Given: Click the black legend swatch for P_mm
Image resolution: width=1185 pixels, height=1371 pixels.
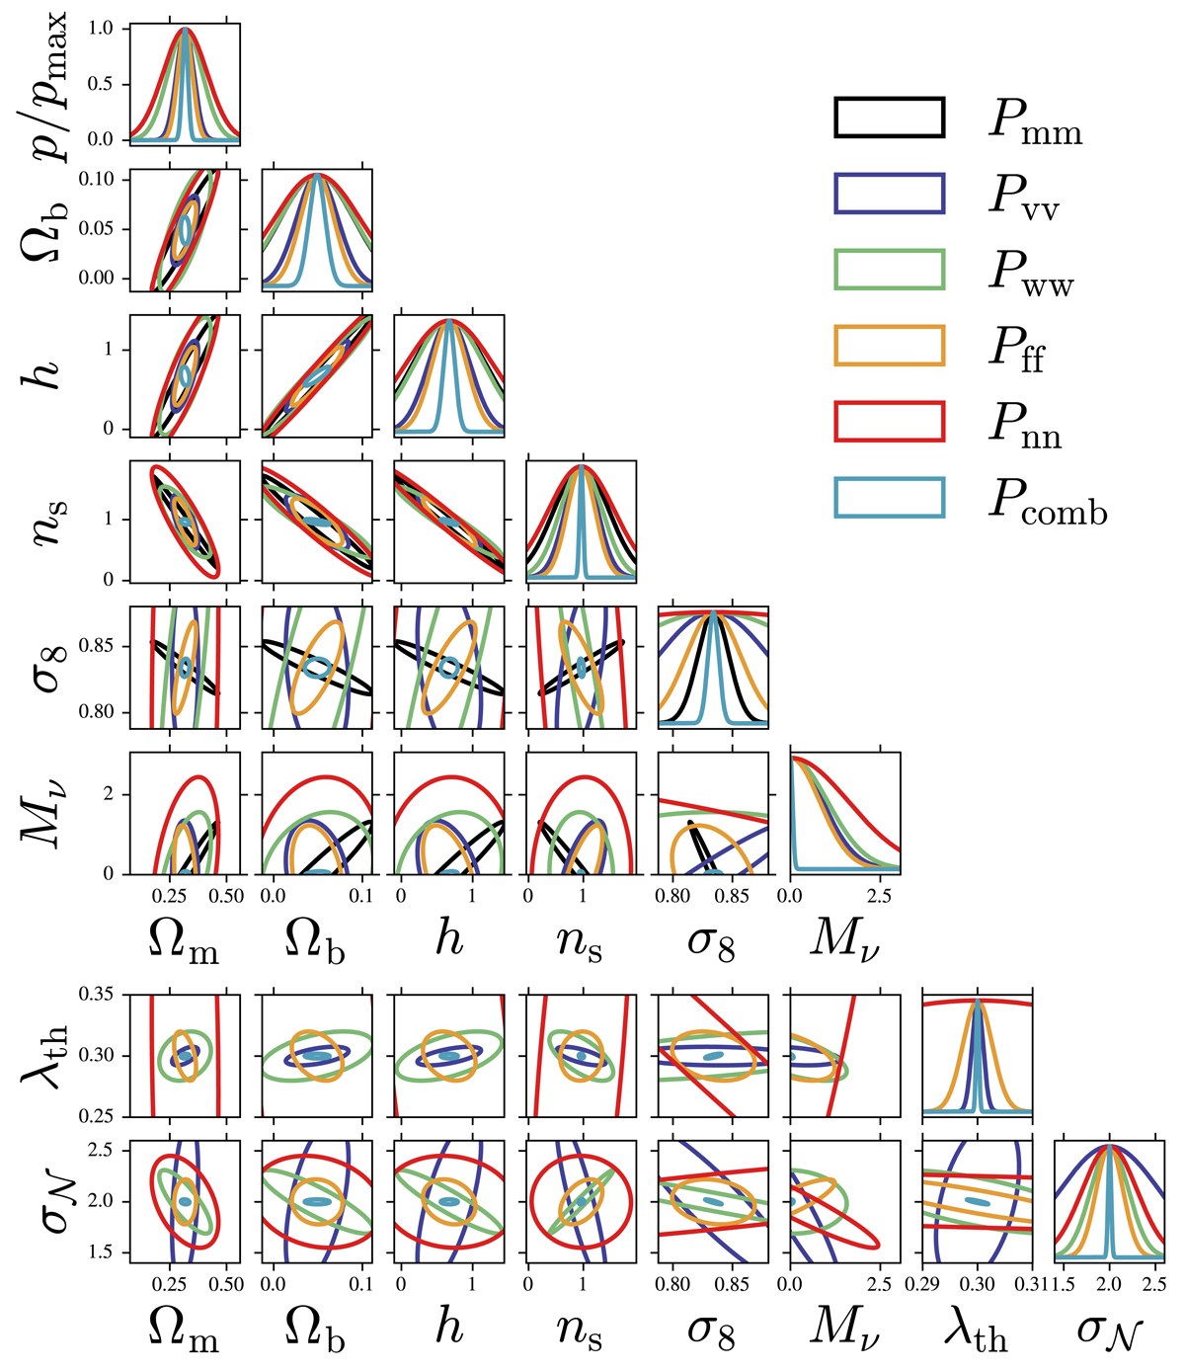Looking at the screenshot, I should (889, 117).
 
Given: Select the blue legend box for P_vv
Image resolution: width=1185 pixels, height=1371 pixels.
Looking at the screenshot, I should (889, 193).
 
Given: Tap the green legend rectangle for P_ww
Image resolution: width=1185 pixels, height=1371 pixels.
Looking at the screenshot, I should (889, 270).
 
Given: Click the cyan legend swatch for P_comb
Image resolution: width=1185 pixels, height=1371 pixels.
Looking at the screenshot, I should (889, 498).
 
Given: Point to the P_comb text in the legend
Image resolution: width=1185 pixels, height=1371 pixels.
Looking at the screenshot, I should (1048, 505).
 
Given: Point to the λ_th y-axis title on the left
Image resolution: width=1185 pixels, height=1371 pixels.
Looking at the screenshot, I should (44, 1056).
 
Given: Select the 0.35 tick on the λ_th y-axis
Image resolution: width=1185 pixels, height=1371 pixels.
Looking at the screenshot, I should (98, 994).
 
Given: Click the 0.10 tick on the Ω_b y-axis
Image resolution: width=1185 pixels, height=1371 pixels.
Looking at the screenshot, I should (98, 180).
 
